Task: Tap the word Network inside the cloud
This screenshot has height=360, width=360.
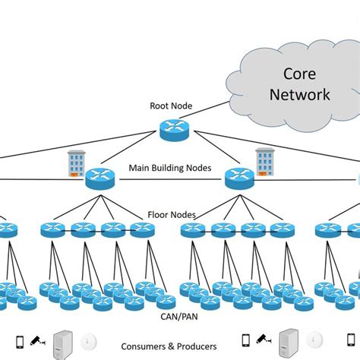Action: [x=304, y=95]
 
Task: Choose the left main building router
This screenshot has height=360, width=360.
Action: [x=99, y=178]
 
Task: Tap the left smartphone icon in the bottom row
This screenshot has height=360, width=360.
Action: [x=22, y=341]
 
